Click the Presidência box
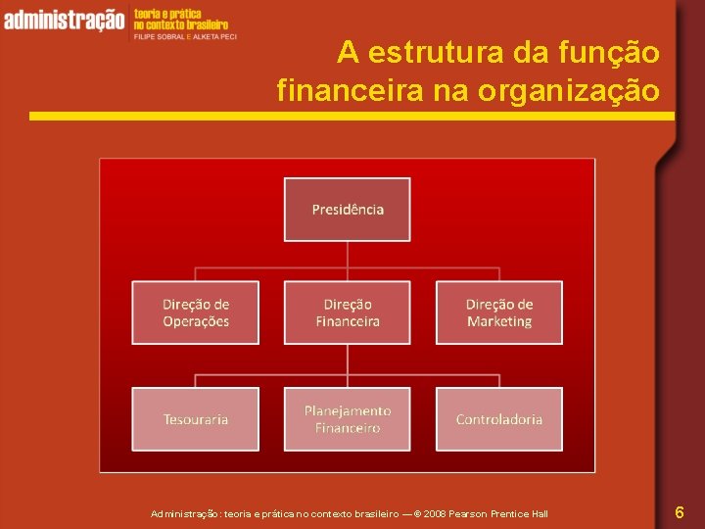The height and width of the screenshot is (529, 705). [x=348, y=210]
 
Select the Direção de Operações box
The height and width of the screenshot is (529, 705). [x=196, y=313]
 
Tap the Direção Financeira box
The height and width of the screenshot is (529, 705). [x=348, y=313]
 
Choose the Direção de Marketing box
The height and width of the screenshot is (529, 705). [x=499, y=313]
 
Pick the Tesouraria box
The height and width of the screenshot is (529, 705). [x=196, y=419]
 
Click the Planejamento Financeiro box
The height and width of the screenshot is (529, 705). [x=348, y=419]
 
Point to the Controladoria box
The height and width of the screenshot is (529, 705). [x=499, y=419]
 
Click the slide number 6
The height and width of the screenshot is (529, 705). [x=680, y=512]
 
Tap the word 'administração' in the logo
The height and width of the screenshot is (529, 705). [x=65, y=20]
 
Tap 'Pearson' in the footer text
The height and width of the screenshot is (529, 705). [x=472, y=514]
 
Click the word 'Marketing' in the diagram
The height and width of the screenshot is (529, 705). [x=499, y=322]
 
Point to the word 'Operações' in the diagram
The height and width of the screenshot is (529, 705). [x=196, y=322]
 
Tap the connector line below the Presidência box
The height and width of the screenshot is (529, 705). [x=348, y=255]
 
